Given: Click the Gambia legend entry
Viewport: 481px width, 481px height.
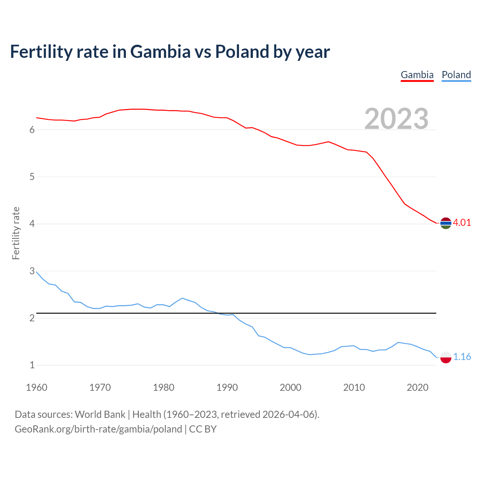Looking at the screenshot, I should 417,75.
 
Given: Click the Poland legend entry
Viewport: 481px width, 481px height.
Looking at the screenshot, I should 456,75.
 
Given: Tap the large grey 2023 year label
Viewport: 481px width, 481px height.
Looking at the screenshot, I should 396,119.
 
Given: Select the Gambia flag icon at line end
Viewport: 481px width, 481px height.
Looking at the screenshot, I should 446,223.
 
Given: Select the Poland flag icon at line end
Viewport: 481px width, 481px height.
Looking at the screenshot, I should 446,357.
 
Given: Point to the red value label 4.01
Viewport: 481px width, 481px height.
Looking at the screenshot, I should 462,222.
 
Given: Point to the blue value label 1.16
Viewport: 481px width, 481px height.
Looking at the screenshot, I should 462,357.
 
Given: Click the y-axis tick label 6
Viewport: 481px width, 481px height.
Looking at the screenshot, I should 32,130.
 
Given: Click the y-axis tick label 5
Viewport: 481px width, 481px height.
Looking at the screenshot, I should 32,177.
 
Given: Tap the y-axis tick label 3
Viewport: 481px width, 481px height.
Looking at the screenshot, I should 32,271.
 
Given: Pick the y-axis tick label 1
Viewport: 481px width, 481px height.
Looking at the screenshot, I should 32,365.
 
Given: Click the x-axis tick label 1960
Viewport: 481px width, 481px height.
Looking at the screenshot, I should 36,387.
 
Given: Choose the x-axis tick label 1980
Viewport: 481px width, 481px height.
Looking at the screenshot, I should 163,387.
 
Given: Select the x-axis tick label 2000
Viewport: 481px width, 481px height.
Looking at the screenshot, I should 290,387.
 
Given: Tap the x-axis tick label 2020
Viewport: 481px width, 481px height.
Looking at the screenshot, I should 417,387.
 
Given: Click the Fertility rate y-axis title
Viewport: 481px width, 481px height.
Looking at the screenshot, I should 16,233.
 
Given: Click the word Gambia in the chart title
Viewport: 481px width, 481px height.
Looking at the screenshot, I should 160,51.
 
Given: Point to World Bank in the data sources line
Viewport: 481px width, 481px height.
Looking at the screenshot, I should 100,414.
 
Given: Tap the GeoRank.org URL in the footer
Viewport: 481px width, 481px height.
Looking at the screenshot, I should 98,429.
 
